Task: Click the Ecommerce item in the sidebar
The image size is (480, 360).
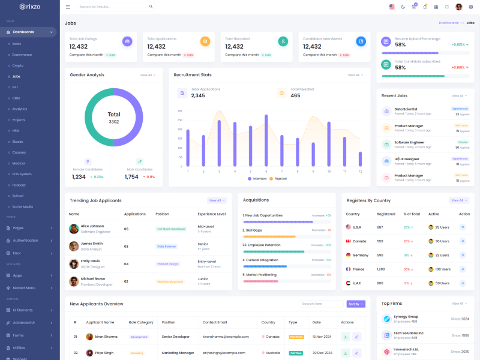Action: pos(22,55)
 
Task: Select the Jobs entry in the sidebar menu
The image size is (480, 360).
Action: pos(16,76)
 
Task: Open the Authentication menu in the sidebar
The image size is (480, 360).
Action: pos(25,240)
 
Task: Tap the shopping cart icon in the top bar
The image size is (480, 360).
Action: pos(413,7)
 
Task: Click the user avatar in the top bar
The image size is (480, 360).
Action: pos(458,7)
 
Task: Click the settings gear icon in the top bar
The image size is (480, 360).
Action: pos(471,7)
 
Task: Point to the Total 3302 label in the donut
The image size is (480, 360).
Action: pos(114,118)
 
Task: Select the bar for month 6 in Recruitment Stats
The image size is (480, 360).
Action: pos(266,141)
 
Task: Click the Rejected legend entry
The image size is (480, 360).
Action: pos(279,179)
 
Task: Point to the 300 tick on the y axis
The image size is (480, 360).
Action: pos(180,111)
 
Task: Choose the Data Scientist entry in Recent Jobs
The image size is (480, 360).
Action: pos(406,109)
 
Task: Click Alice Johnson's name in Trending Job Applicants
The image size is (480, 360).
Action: pos(92,226)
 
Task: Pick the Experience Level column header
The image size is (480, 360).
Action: pos(212,214)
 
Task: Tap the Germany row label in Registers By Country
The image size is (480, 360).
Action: pos(360,255)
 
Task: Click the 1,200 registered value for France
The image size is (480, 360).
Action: pos(381,269)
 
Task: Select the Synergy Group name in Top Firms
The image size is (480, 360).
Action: pos(406,316)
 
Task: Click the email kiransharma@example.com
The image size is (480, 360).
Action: pos(225,337)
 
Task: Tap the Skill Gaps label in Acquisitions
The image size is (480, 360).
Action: pos(253,230)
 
